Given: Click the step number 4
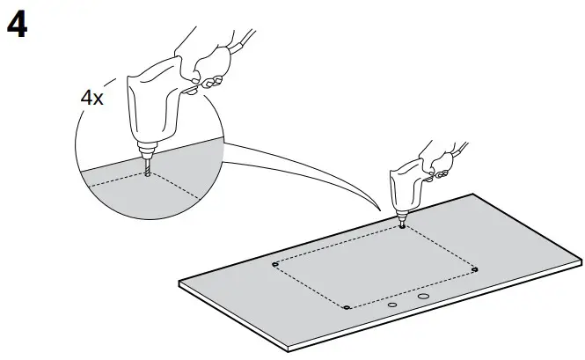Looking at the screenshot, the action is click(17, 26).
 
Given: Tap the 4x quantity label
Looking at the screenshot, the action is click(91, 99).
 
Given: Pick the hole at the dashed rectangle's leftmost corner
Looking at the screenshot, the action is click(275, 263).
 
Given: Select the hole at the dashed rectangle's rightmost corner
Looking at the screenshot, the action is click(475, 268).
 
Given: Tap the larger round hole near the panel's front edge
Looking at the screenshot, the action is click(424, 298).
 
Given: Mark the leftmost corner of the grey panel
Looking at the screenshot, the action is click(179, 283).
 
